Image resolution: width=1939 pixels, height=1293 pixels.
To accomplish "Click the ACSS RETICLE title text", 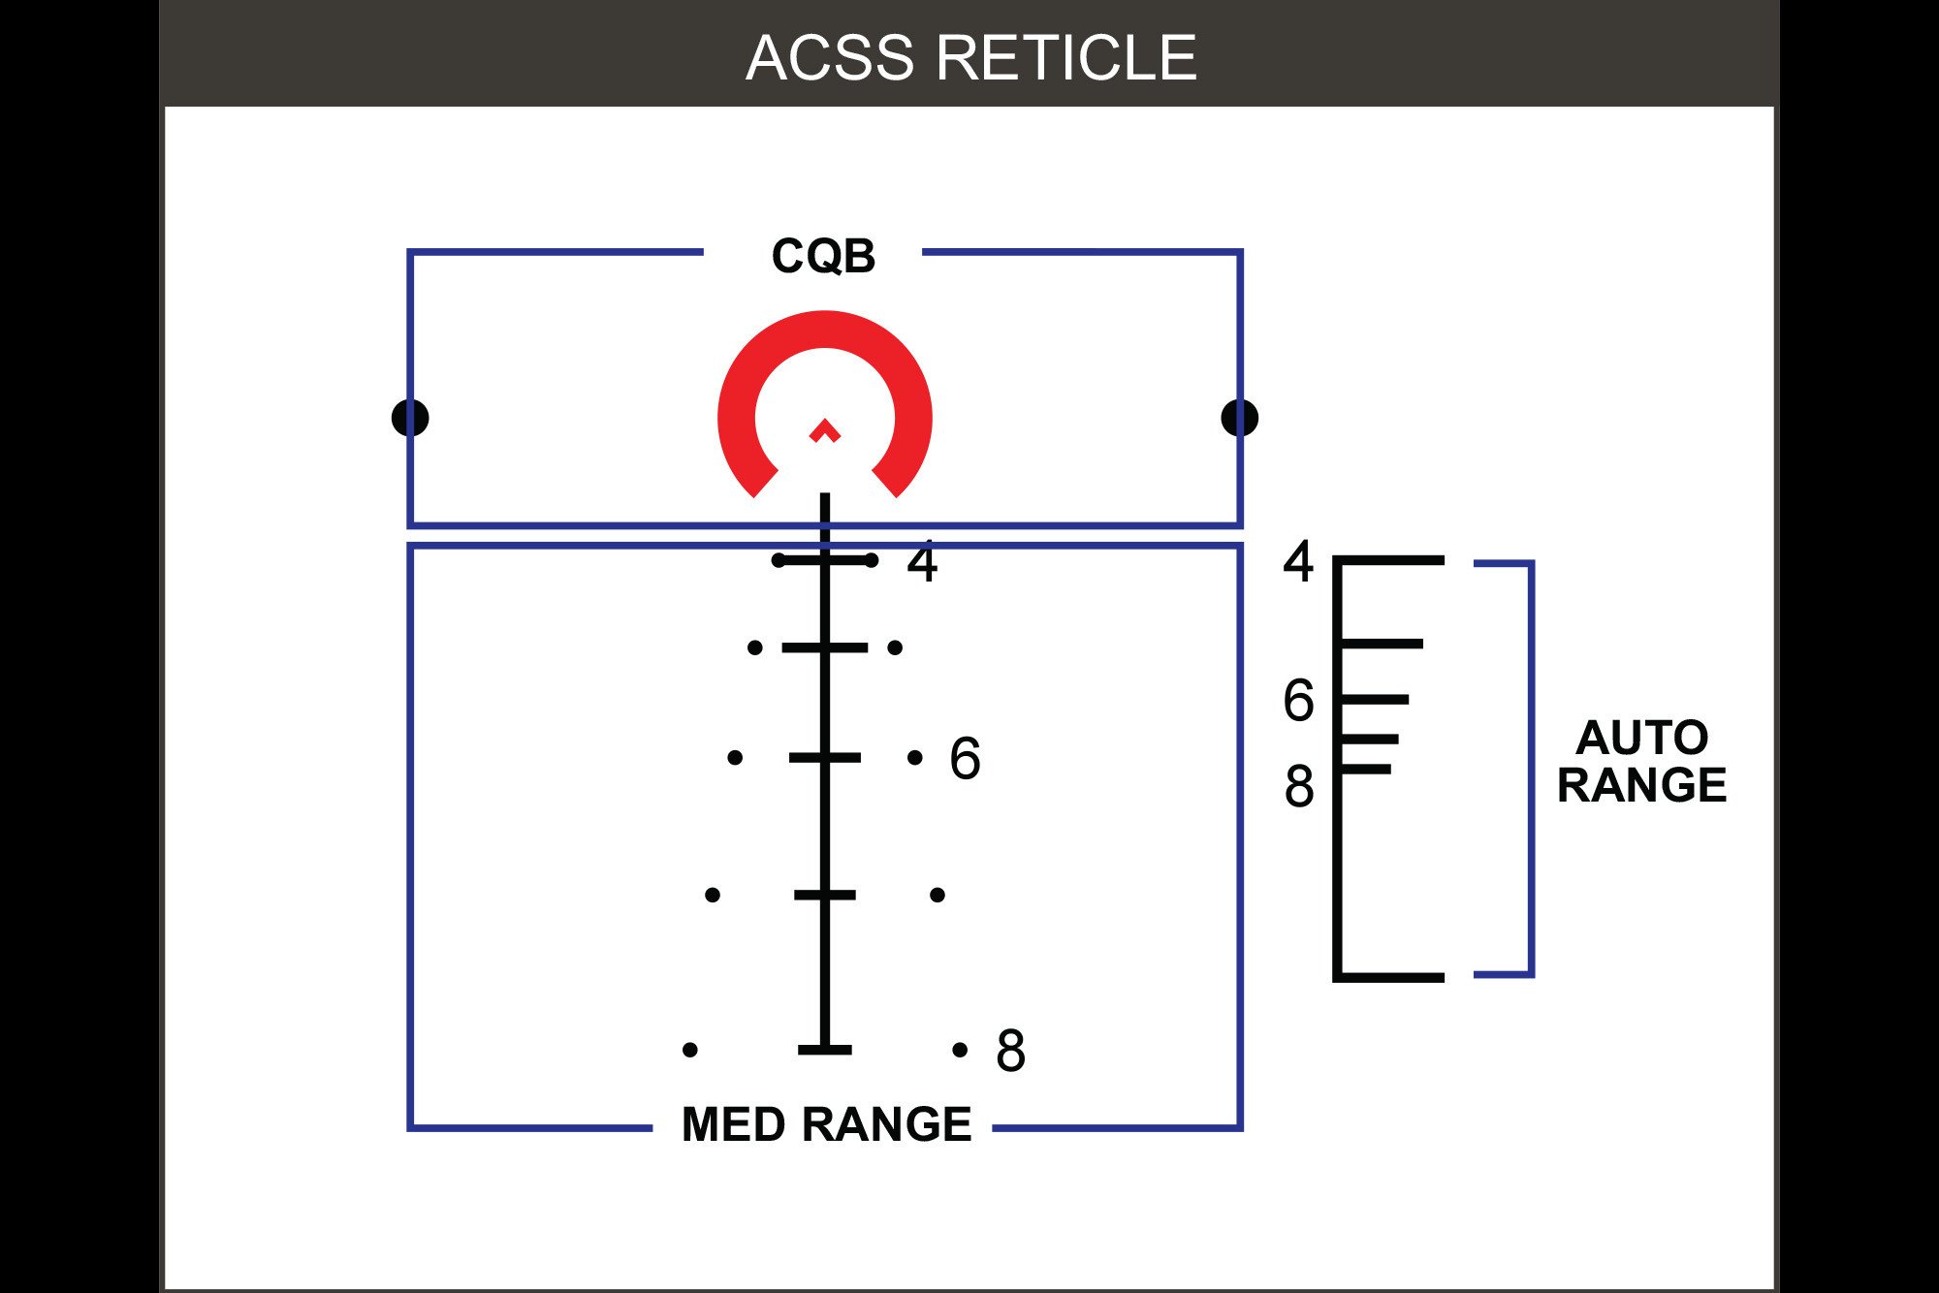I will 970,58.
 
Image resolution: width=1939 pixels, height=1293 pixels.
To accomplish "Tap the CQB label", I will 823,257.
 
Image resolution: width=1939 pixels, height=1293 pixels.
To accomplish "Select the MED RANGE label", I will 826,1124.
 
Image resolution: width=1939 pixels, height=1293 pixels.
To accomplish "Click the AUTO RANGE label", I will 1641,762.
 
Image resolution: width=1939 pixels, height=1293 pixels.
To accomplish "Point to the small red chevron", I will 825,431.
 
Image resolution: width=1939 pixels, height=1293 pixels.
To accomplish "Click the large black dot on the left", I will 410,418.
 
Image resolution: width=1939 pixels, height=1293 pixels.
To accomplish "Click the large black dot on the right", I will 1239,418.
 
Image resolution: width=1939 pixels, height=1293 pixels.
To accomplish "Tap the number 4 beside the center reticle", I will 922,563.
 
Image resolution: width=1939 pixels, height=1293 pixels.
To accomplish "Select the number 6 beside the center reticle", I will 965,758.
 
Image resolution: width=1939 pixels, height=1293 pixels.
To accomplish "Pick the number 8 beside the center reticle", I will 1010,1051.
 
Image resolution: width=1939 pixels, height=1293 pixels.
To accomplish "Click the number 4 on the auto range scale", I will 1298,561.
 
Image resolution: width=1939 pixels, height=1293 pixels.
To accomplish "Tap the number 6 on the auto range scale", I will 1298,701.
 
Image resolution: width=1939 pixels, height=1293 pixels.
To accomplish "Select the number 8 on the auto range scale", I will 1299,786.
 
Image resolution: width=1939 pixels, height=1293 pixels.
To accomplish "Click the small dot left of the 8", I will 960,1050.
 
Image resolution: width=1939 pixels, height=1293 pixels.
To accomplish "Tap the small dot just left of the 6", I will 914,757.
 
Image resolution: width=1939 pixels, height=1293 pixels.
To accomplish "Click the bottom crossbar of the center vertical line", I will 825,1050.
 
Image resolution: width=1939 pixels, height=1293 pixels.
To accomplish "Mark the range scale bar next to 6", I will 1375,699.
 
